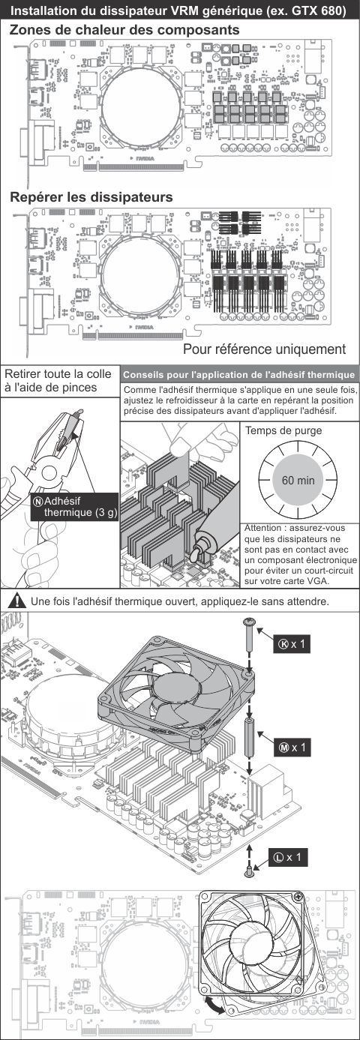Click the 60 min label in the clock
298,481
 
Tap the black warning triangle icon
16,601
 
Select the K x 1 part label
291,644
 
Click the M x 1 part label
291,748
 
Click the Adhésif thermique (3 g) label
74,507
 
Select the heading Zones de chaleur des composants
124,30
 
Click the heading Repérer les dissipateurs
91,197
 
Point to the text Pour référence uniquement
264,349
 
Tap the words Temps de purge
283,430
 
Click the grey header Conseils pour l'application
239,375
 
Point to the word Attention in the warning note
262,528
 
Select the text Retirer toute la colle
58,373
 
